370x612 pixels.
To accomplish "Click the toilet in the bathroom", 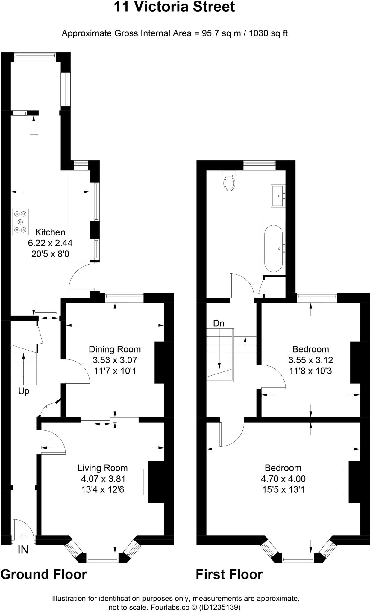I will coord(229,182).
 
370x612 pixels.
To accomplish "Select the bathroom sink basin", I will coord(278,196).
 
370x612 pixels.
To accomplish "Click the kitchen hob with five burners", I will coord(20,221).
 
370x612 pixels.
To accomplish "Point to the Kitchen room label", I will coord(50,232).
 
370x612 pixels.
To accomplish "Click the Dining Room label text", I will coord(115,349).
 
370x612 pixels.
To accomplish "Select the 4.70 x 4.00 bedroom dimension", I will coord(283,479).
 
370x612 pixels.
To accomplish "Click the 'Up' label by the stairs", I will coord(24,391).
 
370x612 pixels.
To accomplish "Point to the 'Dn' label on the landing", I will coord(219,323).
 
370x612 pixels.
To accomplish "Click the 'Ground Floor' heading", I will coord(44,574).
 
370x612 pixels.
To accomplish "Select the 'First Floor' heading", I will coord(229,574).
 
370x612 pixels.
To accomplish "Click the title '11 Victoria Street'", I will coord(174,7).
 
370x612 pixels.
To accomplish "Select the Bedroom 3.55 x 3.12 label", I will coord(310,360).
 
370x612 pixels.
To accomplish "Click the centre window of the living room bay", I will coord(102,558).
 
